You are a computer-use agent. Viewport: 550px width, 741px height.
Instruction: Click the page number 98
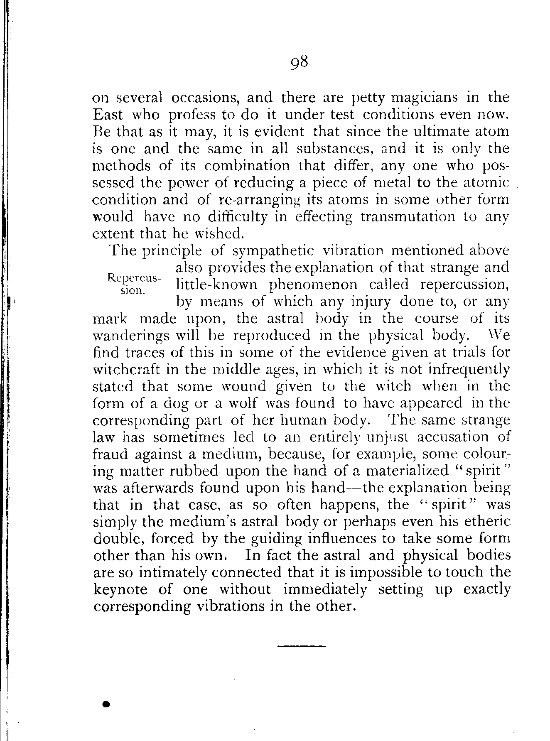pyautogui.click(x=299, y=64)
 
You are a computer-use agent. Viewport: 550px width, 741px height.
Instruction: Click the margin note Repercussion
pyautogui.click(x=133, y=284)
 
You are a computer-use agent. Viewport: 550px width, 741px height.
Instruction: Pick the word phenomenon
pyautogui.click(x=313, y=285)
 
